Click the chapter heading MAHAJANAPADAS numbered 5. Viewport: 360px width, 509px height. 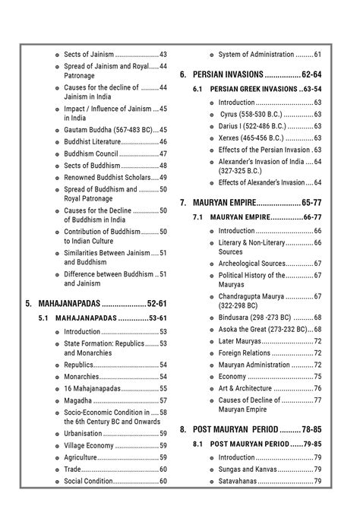pos(69,303)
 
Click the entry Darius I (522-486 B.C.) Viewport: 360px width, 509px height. pos(254,126)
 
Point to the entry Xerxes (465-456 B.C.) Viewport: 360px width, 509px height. pos(256,138)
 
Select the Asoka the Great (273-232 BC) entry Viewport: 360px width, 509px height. pos(263,329)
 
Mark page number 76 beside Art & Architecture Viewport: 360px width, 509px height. pos(317,388)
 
